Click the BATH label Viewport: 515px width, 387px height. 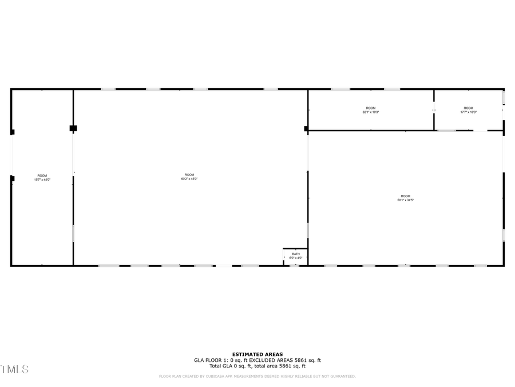296,254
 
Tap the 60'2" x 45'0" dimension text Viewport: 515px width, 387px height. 189,179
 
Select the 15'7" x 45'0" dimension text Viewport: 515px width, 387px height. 42,179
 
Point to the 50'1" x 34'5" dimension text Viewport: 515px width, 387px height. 406,200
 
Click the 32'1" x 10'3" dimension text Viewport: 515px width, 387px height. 371,112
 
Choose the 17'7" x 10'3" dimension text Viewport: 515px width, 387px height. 469,112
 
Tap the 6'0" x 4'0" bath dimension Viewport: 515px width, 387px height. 296,258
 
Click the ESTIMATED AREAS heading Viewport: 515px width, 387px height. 257,354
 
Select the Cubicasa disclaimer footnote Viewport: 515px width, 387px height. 257,376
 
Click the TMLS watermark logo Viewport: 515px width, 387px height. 14,369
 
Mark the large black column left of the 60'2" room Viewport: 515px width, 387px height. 73,128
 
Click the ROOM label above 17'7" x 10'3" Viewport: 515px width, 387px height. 469,108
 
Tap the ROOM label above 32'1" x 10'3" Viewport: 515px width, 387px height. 371,108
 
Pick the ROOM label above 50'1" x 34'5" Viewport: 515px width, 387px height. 406,196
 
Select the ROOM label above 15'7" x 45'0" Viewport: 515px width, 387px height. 42,175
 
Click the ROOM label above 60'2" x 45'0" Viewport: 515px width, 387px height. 189,175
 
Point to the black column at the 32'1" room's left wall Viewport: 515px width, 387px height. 306,128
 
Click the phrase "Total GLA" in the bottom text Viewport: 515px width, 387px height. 220,366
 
